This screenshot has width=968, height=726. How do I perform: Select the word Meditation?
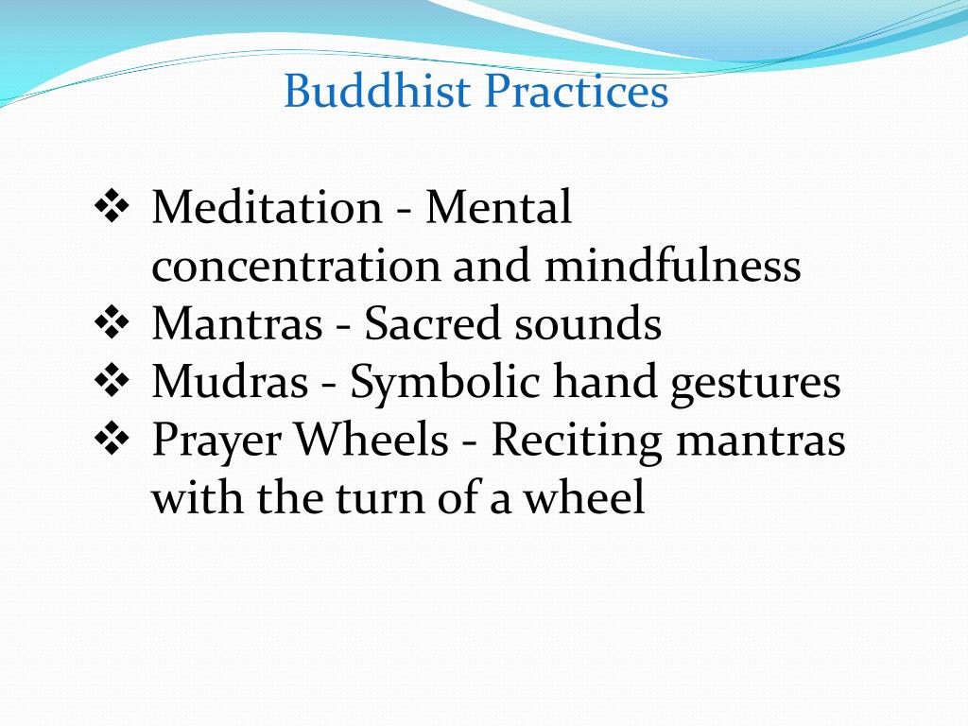266,208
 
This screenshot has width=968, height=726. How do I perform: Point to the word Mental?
498,208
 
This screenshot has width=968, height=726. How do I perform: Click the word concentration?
295,267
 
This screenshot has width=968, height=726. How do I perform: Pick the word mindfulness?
672,267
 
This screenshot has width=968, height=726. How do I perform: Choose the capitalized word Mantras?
236,324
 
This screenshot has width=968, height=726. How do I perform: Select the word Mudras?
230,383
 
